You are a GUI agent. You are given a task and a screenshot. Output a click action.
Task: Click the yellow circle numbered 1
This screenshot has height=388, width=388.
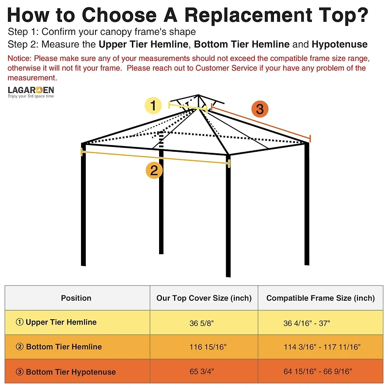(x=154, y=105)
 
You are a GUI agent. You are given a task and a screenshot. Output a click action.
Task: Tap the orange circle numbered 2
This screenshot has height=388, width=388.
(x=154, y=170)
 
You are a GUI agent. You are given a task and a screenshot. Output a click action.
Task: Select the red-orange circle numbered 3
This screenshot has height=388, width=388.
(x=260, y=109)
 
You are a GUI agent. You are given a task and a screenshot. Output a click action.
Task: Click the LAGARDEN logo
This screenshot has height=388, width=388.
(x=31, y=91)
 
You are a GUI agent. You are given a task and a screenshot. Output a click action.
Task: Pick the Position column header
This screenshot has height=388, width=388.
(x=76, y=298)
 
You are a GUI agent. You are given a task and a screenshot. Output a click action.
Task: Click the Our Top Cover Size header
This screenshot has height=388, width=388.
(x=204, y=298)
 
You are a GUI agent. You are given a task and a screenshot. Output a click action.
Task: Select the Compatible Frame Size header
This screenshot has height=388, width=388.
(x=321, y=298)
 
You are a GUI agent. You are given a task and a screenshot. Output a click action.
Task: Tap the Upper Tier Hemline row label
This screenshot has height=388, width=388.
(x=56, y=323)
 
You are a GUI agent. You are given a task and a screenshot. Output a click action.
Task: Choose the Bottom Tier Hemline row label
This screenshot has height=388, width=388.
(x=59, y=347)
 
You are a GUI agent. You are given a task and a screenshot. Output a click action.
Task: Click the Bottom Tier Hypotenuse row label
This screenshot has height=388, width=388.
(x=66, y=372)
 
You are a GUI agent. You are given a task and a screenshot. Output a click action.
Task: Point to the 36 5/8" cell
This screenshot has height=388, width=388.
(x=202, y=323)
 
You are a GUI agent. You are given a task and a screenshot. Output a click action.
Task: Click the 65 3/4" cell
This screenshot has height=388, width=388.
(x=202, y=372)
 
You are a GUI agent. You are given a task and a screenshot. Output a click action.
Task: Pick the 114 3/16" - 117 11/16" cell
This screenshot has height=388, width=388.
(x=322, y=347)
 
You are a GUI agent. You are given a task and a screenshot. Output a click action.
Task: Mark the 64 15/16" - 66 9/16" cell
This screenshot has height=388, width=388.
(x=318, y=372)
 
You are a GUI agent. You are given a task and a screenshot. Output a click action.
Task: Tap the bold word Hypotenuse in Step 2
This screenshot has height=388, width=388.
(x=339, y=45)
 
